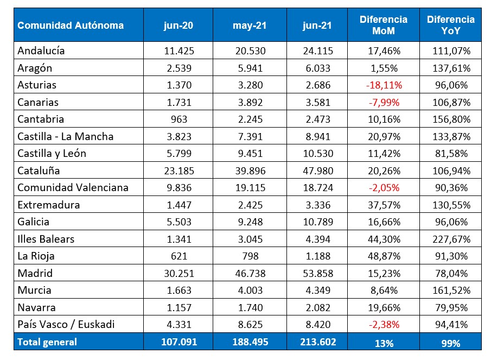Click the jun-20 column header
(x=180, y=26)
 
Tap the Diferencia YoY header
(x=450, y=26)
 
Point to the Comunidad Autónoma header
(x=71, y=26)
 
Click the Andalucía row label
(x=41, y=50)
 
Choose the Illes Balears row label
(x=46, y=239)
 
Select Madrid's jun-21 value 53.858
(x=317, y=273)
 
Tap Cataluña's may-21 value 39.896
(x=248, y=170)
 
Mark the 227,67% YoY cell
(x=450, y=239)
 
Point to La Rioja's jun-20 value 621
(x=180, y=256)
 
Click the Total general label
(x=47, y=342)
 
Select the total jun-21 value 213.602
(x=317, y=342)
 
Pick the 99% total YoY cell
(x=450, y=343)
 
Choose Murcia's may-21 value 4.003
(x=248, y=290)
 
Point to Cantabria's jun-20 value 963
(x=180, y=119)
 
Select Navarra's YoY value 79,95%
(x=450, y=307)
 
